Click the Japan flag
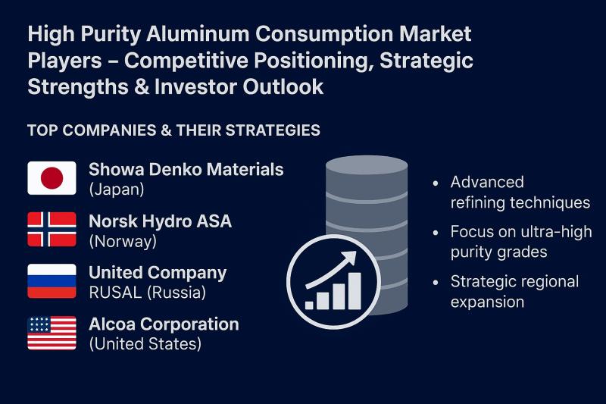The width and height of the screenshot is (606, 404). click(52, 178)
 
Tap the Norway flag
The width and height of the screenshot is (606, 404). click(52, 229)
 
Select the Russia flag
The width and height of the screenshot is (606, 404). click(52, 281)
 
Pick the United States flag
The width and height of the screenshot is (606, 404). click(52, 333)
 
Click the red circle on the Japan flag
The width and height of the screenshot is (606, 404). click(52, 178)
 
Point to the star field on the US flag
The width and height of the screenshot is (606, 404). click(39, 324)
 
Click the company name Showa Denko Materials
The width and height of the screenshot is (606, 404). click(186, 169)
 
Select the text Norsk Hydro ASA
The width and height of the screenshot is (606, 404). click(161, 221)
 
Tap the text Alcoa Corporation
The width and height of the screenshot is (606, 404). click(164, 324)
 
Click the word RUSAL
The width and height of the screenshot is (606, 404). click(115, 293)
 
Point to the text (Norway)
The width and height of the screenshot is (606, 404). click(123, 242)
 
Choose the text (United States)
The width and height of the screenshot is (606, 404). click(145, 343)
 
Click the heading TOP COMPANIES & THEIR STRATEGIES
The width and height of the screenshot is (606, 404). click(174, 130)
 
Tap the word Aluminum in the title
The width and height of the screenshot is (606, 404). click(198, 33)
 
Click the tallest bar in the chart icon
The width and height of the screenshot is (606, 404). click(355, 291)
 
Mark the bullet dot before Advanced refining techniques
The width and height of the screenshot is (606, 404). click(436, 183)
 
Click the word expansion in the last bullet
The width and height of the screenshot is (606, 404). click(487, 302)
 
